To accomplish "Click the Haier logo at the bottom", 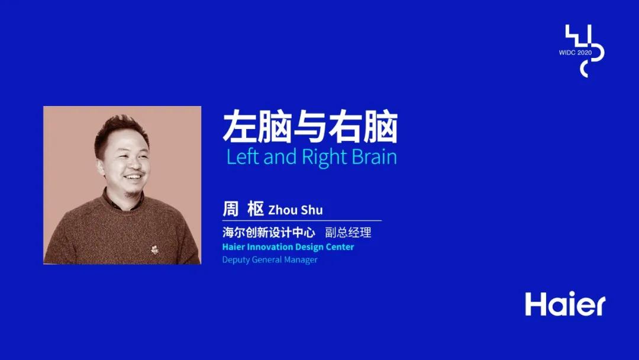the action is (x=565, y=304).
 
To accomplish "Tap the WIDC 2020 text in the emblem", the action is (x=575, y=53).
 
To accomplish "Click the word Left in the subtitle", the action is (x=243, y=157).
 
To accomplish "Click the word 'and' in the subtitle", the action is (x=280, y=157).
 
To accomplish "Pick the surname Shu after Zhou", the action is (x=311, y=210).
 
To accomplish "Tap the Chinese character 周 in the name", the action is (x=231, y=209).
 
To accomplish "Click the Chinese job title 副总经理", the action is (x=348, y=232).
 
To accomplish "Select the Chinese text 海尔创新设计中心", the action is (x=269, y=232).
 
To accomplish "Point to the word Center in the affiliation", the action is (x=340, y=247).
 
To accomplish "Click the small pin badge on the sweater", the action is (x=154, y=249).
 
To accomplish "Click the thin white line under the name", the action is (x=302, y=221).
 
